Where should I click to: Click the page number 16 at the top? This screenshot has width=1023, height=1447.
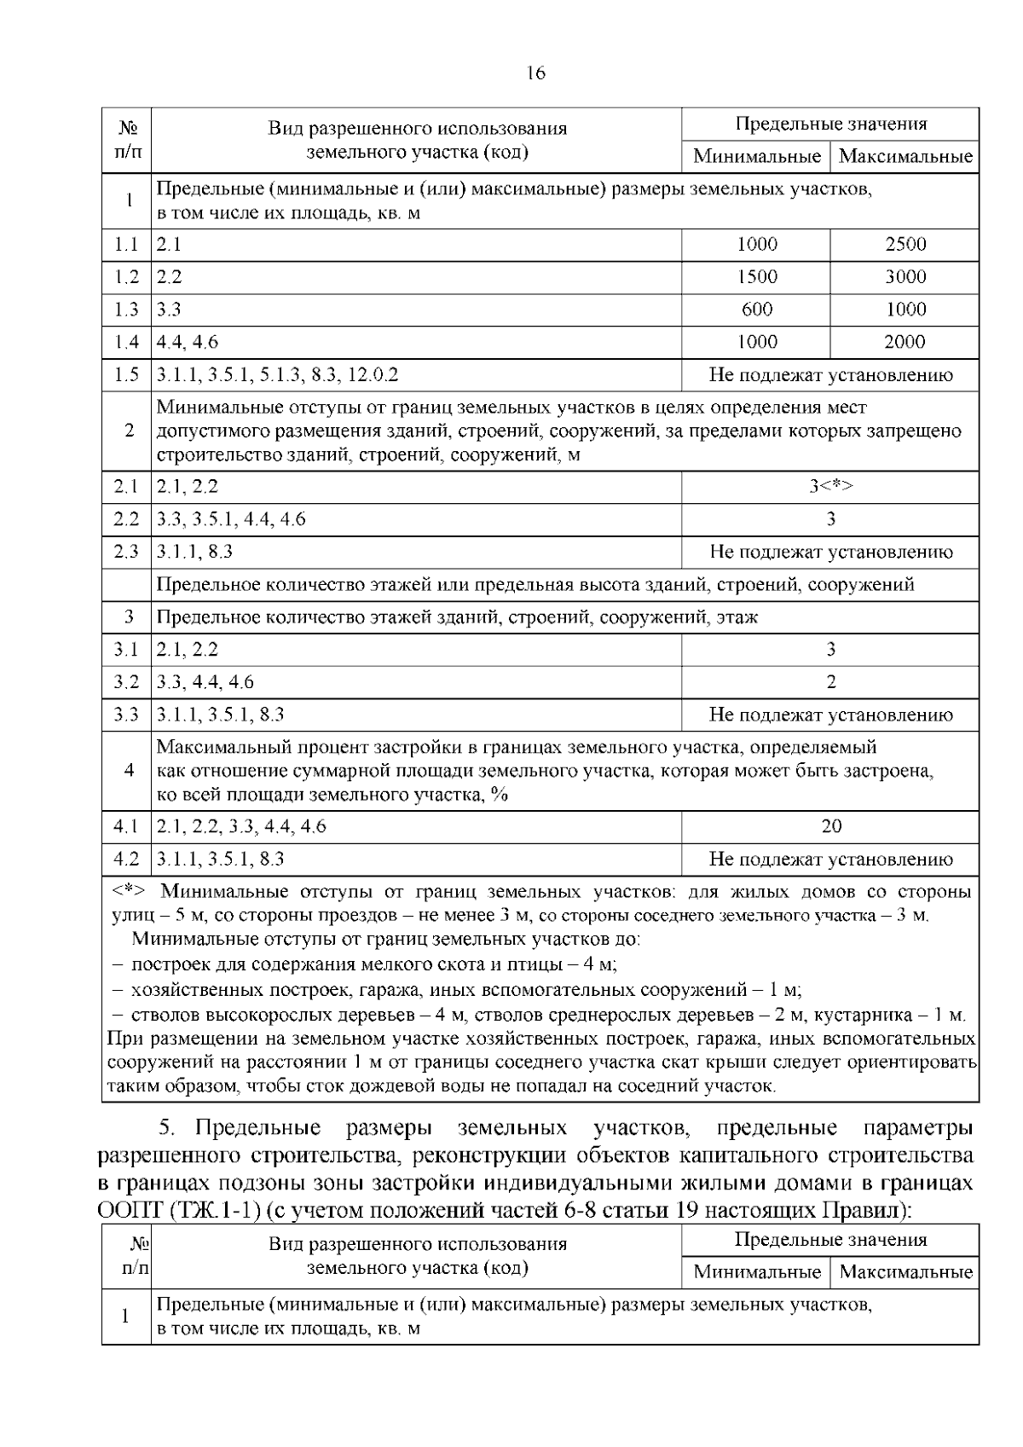tap(535, 72)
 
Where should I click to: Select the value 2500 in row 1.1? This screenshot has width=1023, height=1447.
tap(905, 245)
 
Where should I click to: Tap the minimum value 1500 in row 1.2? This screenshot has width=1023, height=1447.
tap(756, 277)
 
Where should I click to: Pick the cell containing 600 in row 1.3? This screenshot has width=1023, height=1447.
tap(756, 310)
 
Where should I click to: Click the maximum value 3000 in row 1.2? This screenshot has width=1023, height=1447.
tap(905, 277)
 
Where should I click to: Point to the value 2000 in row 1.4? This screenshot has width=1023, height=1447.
tap(905, 342)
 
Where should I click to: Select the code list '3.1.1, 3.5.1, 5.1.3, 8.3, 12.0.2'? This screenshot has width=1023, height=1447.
tap(278, 375)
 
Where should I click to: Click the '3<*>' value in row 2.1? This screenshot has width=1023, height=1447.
tap(830, 486)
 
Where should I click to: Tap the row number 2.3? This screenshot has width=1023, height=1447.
tap(126, 552)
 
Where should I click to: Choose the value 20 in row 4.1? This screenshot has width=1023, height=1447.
tap(830, 825)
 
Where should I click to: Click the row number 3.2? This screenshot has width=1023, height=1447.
tap(126, 682)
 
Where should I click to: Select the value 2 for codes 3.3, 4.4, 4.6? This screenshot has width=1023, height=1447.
tap(830, 682)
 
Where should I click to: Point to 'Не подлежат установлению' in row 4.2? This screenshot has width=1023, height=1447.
tap(830, 860)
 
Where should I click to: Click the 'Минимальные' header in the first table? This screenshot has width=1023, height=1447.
tap(756, 157)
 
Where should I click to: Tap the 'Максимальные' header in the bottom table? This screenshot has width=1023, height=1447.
tap(905, 1272)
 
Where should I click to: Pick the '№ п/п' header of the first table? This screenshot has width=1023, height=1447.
tap(128, 141)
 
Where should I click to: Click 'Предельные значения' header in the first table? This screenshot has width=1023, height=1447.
tap(830, 124)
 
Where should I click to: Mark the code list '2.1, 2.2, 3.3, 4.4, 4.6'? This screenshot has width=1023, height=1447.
tap(241, 825)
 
